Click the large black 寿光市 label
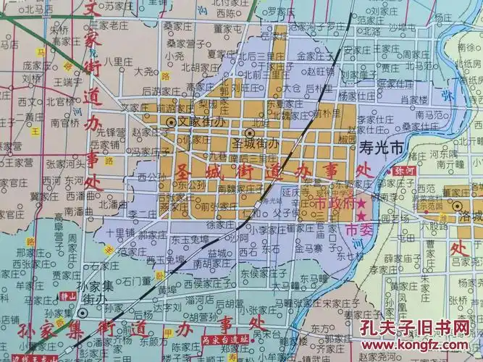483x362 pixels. click(382, 147)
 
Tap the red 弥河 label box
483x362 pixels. click(407, 172)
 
